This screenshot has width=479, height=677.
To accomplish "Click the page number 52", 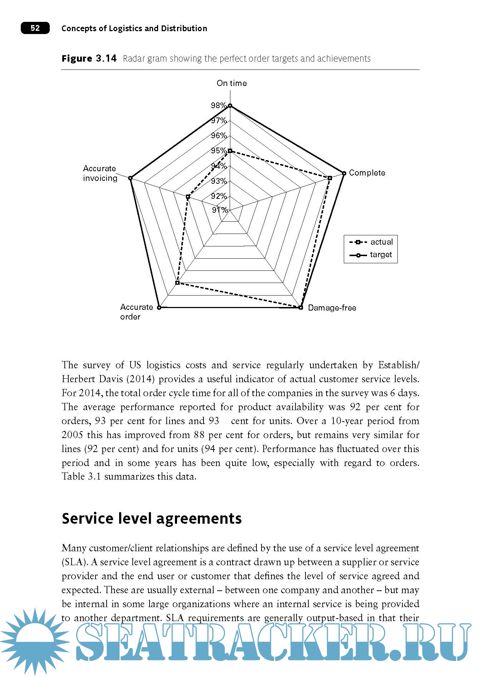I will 35,28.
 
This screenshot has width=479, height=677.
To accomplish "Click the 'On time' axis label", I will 231,83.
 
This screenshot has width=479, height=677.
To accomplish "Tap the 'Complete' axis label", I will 367,173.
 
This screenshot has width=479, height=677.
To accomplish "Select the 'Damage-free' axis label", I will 332,308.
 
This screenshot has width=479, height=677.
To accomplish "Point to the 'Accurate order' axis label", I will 136,312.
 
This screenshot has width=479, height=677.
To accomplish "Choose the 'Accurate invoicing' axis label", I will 100,173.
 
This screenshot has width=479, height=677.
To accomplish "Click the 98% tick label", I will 218,105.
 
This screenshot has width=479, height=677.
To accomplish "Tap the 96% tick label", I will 218,135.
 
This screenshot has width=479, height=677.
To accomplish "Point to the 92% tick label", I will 218,196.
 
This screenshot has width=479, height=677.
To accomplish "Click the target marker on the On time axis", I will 230,106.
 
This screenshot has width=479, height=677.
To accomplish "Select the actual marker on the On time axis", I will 230,151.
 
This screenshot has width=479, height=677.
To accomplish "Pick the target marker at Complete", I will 344,173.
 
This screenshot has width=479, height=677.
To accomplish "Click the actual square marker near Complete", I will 329,178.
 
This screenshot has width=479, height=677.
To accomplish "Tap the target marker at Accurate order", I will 159,307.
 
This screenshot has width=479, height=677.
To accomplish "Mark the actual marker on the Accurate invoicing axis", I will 188,197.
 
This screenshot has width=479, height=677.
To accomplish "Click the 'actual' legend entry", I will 381,242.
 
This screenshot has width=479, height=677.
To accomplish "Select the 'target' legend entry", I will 381,255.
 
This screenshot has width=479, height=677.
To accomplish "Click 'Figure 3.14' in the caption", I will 89,58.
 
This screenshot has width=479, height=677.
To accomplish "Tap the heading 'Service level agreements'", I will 152,518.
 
